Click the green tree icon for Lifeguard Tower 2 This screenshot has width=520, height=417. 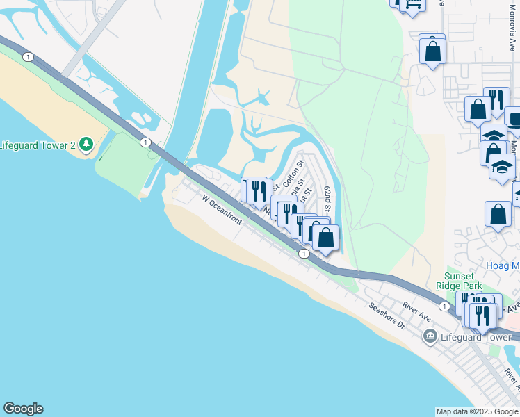(86, 144)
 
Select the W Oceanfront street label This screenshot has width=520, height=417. (222, 211)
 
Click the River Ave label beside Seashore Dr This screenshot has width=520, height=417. (417, 311)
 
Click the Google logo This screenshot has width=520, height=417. (23, 409)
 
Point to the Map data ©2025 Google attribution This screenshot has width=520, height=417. (477, 411)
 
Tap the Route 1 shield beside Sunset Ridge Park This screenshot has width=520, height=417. (443, 306)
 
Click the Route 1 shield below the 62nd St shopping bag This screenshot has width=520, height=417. (304, 254)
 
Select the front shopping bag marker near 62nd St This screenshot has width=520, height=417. (325, 238)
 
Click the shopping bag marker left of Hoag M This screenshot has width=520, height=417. (498, 215)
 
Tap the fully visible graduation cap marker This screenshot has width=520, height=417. (502, 167)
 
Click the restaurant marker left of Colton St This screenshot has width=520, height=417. (259, 191)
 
